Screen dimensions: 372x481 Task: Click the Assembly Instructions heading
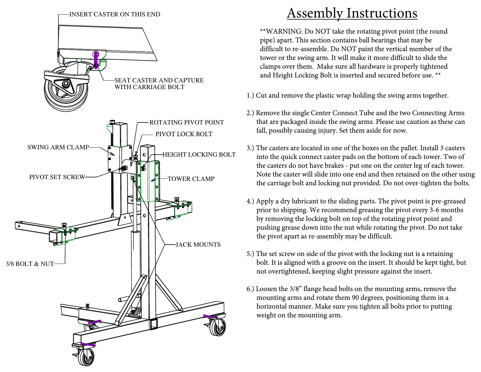click(352, 13)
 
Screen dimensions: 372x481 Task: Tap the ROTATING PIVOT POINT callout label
click(187, 122)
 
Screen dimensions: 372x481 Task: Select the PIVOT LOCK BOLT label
click(184, 134)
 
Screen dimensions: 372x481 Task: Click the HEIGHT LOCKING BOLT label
click(199, 155)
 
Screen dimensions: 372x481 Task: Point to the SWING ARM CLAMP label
click(58, 147)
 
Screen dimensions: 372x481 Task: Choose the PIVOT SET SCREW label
click(57, 177)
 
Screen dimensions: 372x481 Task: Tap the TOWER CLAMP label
click(191, 179)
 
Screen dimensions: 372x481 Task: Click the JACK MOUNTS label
click(198, 245)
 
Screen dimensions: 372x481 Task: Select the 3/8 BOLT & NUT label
click(30, 264)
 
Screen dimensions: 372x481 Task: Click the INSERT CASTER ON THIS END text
click(115, 14)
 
